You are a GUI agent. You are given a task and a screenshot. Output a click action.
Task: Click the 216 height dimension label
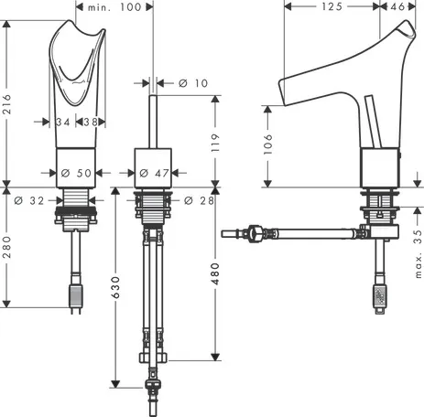pos(6,104)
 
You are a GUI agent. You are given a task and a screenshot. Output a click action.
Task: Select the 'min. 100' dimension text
pos(114,7)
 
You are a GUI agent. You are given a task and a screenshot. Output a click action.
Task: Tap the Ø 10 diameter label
pos(193,83)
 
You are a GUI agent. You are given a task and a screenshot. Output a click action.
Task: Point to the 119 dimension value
pos(215,143)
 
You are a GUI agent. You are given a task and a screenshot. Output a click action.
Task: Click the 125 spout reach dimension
pos(332,6)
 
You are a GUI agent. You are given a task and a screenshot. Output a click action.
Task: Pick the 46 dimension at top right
pos(397,6)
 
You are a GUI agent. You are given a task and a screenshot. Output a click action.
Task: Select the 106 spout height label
pos(267,144)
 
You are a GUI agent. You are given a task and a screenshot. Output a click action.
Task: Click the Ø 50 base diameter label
pos(76,173)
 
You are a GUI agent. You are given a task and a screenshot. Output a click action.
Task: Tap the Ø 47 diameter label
pos(154,173)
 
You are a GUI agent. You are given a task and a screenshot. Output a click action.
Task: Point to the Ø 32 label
pos(29,200)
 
